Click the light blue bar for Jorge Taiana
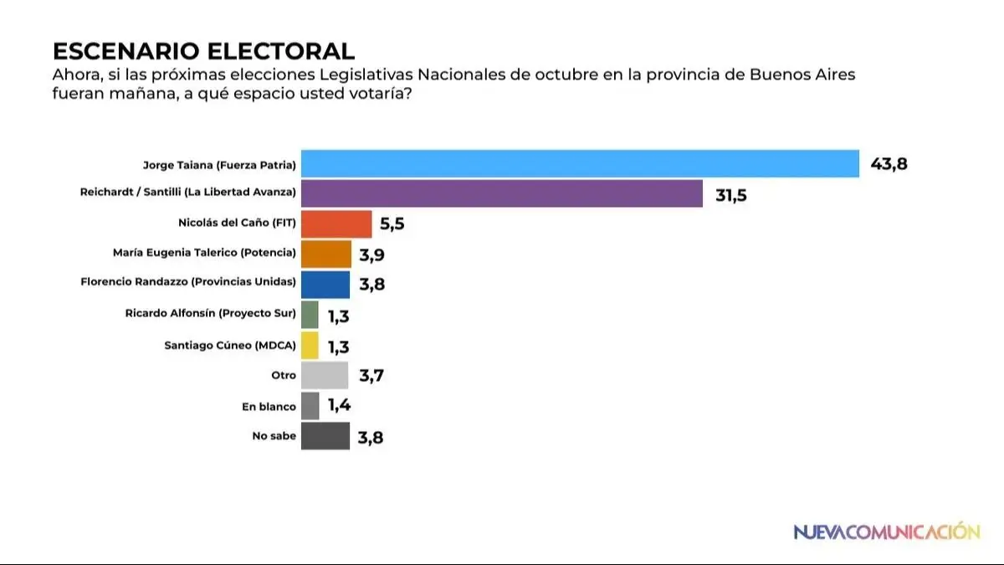tap(580, 164)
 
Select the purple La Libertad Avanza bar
tap(501, 193)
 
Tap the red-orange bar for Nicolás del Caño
tap(336, 224)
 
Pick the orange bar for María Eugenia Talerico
tap(325, 254)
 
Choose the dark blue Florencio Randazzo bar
tap(325, 285)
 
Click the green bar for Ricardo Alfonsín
tap(310, 315)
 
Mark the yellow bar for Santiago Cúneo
tap(310, 345)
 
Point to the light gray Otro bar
tap(325, 375)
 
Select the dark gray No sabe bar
tap(325, 436)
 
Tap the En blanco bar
tap(310, 406)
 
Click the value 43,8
tap(889, 164)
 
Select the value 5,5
tap(397, 225)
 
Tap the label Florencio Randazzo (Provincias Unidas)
tap(188, 282)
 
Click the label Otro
tap(283, 376)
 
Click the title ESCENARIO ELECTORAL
tap(203, 51)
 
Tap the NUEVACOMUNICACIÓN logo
tap(886, 532)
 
